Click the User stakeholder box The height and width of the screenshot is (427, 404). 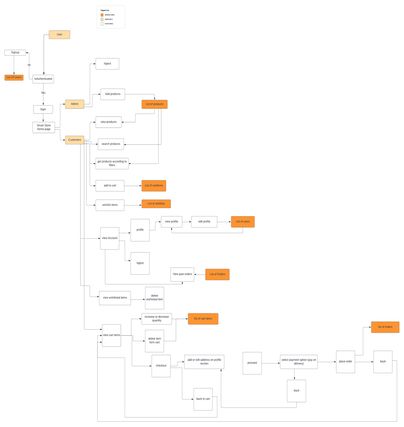59,35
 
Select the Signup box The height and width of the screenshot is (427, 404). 15,52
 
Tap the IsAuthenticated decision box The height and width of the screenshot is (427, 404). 43,79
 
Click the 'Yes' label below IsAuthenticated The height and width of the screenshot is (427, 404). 43,93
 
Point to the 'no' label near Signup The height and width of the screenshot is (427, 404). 29,65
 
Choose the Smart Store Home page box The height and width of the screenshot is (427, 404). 44,127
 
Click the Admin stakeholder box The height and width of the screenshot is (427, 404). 75,104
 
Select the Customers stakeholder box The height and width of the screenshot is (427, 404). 75,140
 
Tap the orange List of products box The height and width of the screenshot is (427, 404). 154,104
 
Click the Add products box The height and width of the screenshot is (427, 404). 112,94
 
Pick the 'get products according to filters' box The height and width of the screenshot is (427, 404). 112,164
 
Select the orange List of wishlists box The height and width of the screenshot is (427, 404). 156,204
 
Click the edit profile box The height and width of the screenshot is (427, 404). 204,222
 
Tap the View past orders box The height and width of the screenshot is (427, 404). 182,274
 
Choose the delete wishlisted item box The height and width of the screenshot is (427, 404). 154,298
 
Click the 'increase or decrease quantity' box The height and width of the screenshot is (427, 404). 156,319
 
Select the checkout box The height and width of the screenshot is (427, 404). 161,366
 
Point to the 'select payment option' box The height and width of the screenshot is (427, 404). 298,362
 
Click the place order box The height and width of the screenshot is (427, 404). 345,362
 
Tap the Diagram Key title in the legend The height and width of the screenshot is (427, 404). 105,10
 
